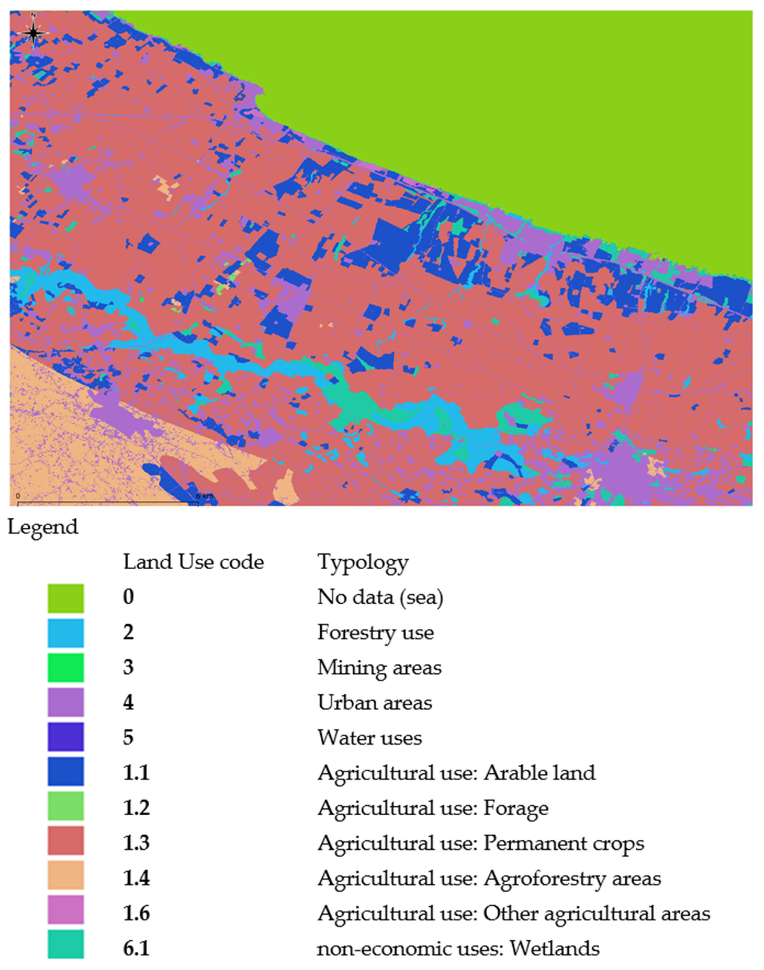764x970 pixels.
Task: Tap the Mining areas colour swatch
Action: (66, 668)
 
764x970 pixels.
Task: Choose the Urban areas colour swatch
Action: (66, 703)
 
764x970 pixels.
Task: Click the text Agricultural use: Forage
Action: (432, 808)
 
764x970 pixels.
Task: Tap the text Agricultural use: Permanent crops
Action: (481, 843)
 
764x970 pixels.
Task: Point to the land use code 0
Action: (128, 598)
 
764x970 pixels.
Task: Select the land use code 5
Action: (128, 738)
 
